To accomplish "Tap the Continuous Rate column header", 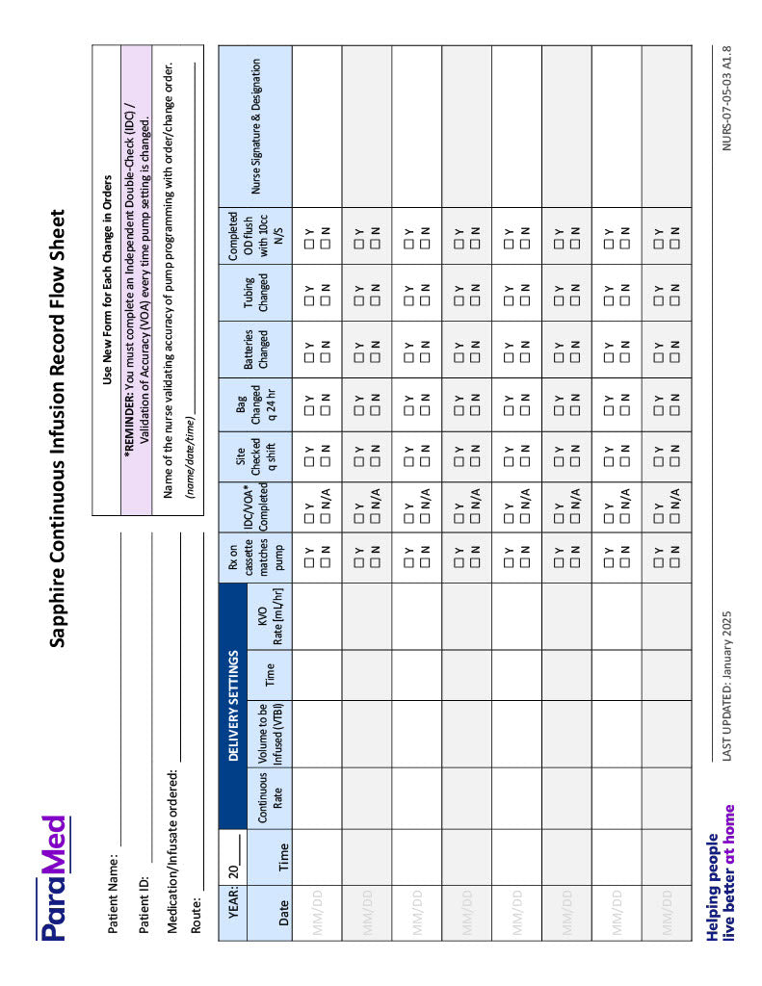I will pyautogui.click(x=270, y=798).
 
